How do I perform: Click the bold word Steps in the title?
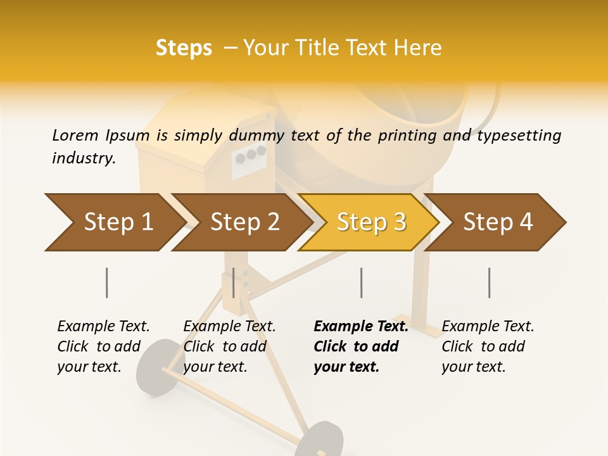[184, 48]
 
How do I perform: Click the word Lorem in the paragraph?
[75, 135]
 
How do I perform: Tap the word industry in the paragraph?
[83, 158]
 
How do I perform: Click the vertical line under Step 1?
[106, 282]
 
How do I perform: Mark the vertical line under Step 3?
[361, 282]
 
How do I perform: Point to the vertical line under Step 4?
[490, 282]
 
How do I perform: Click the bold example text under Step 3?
[360, 346]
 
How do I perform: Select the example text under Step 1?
[103, 346]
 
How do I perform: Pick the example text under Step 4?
[488, 346]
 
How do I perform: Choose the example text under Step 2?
[229, 346]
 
